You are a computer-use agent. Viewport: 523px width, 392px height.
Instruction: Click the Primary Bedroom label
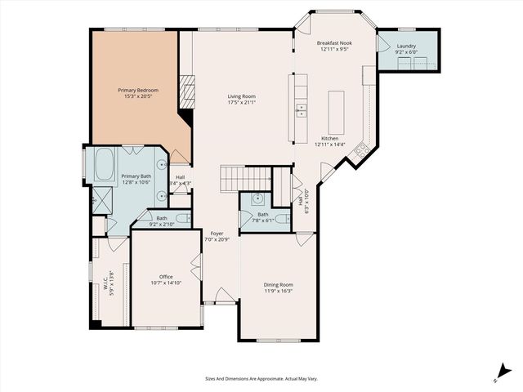[137, 90]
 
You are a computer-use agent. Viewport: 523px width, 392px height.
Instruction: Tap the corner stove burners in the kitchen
[362, 149]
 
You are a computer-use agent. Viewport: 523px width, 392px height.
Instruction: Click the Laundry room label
[406, 47]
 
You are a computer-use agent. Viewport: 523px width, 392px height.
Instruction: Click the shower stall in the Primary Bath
[99, 201]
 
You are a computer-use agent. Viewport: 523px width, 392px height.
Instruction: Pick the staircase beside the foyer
[245, 175]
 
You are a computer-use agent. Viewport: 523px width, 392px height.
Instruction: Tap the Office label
[166, 275]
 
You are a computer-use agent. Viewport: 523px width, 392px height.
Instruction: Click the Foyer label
[217, 233]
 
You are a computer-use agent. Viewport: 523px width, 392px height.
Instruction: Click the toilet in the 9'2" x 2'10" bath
[183, 217]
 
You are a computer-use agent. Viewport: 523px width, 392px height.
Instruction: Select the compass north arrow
[499, 372]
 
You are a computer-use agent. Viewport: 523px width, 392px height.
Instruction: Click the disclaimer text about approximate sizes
[261, 379]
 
